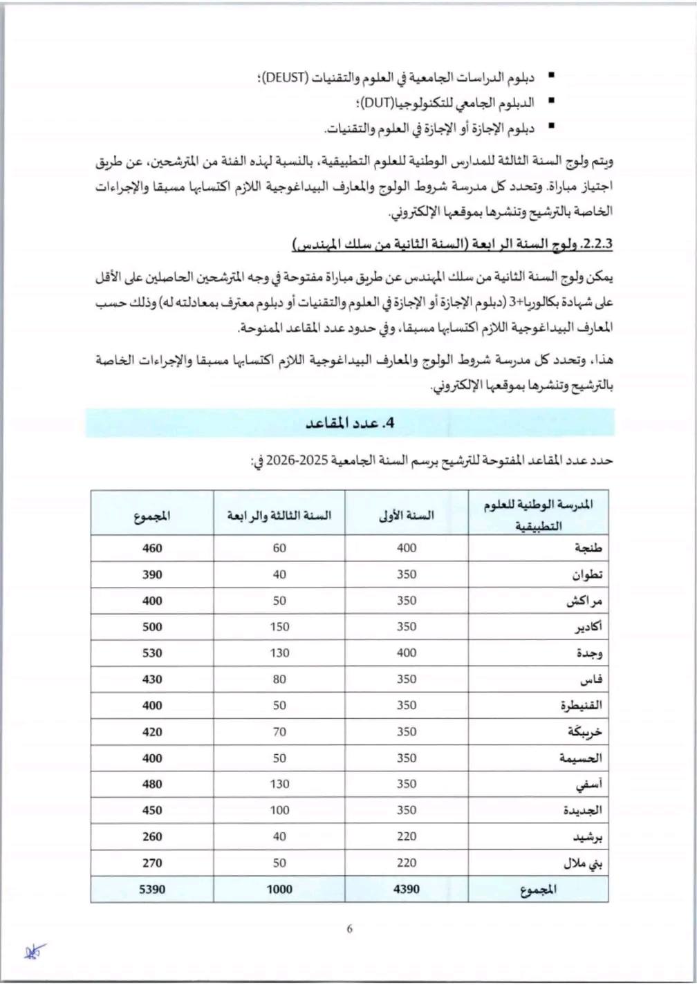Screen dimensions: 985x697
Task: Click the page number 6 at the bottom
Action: point(349,929)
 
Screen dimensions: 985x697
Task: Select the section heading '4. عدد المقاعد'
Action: point(349,423)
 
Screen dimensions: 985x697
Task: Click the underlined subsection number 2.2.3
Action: point(599,245)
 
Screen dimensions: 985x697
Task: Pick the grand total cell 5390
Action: point(152,889)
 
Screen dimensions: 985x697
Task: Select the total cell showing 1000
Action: point(279,889)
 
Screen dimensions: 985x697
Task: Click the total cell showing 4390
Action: point(407,889)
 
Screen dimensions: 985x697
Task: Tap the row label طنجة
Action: point(588,548)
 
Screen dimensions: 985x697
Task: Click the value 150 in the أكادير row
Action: point(279,627)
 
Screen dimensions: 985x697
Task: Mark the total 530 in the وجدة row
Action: point(152,653)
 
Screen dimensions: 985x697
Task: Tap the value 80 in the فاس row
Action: point(279,679)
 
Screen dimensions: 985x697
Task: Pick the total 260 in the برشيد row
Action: point(152,836)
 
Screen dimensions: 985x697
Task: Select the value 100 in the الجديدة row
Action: point(279,810)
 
